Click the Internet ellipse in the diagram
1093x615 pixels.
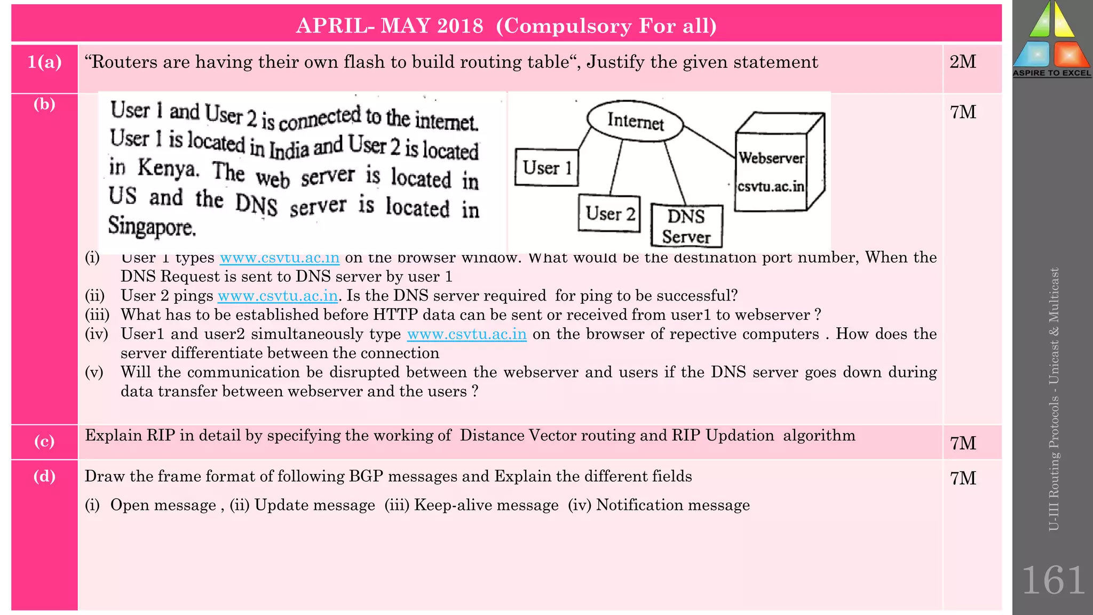click(635, 121)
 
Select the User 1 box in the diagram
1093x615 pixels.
click(546, 168)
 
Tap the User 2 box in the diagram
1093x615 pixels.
click(609, 214)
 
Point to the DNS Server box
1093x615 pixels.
click(686, 226)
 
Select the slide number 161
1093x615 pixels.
click(1053, 580)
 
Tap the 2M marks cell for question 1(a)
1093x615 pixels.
click(963, 62)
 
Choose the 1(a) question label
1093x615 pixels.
click(45, 62)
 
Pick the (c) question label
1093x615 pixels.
click(45, 441)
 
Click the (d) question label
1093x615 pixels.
click(45, 476)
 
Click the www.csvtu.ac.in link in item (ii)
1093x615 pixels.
click(278, 296)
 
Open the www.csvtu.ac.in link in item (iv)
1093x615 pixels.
click(466, 334)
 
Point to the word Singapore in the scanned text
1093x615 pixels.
click(152, 226)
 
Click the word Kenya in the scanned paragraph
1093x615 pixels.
click(168, 169)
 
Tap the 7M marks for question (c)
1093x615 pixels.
click(963, 443)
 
